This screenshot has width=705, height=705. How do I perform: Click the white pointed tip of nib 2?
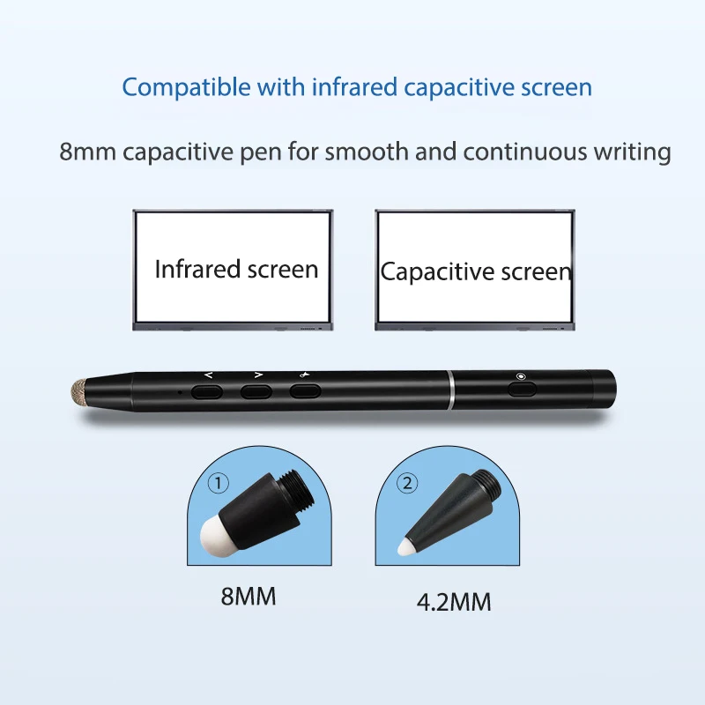click(x=406, y=546)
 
